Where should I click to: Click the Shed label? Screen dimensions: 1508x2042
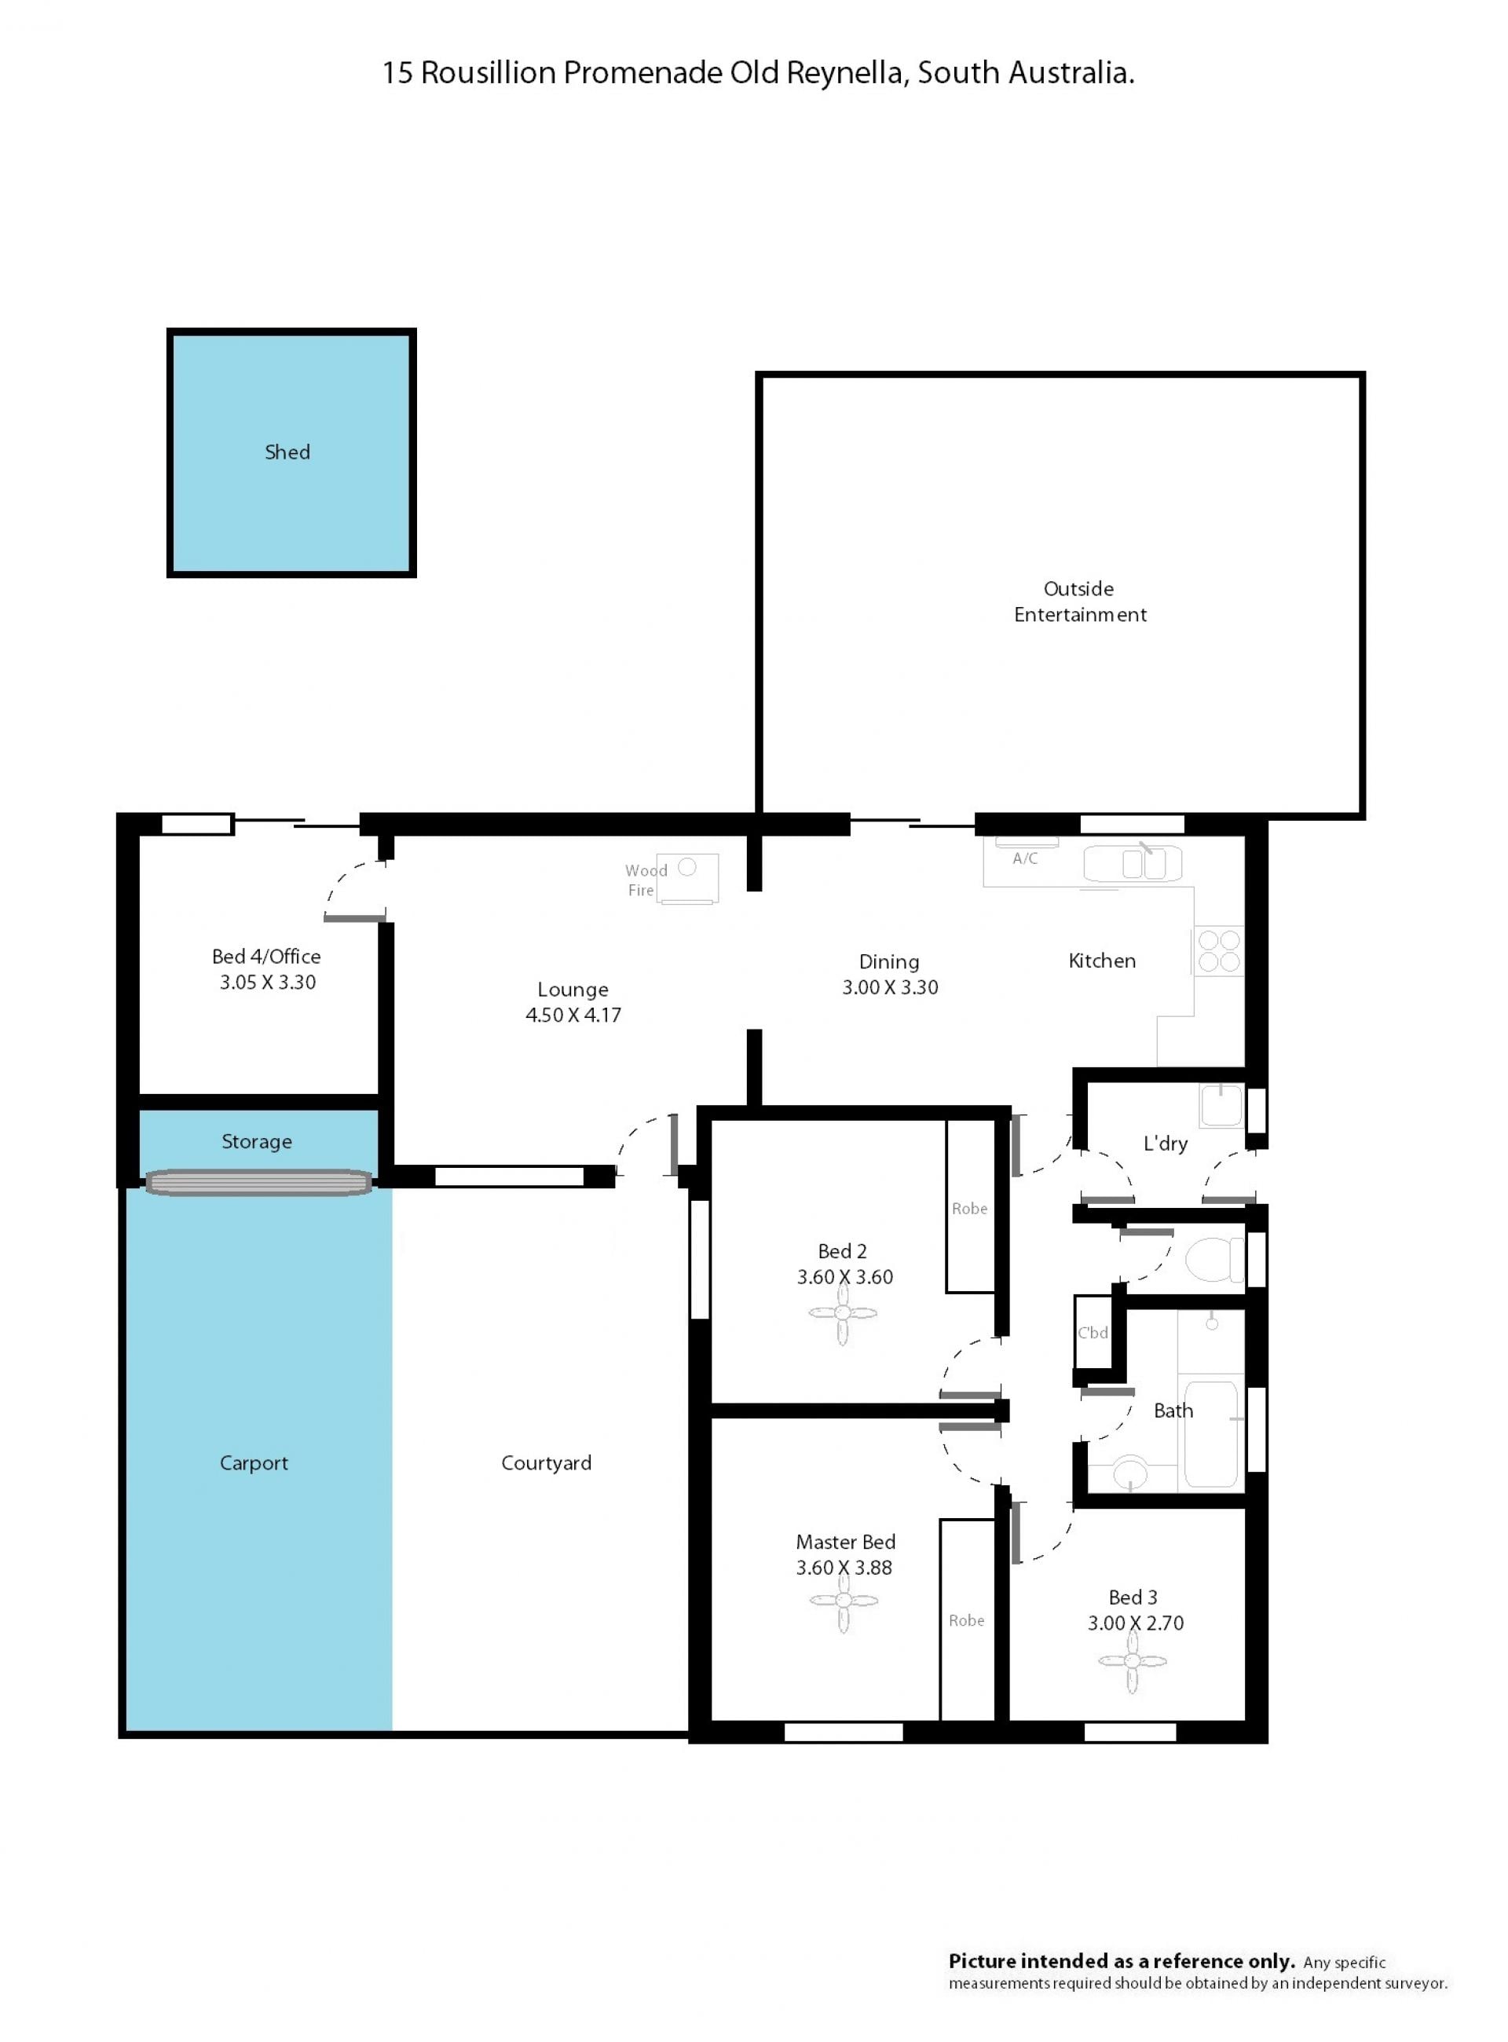(287, 452)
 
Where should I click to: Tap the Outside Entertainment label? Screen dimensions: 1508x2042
(1080, 602)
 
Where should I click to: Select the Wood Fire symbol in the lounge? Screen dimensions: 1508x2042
(689, 878)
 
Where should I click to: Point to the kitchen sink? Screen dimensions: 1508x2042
(1133, 862)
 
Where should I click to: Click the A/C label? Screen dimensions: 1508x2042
(1025, 858)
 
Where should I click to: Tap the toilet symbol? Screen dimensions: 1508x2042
(1215, 1260)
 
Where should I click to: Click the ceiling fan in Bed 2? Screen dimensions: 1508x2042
(843, 1315)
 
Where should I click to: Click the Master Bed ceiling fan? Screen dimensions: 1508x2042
(844, 1601)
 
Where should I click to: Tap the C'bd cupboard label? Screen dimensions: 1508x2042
(1093, 1333)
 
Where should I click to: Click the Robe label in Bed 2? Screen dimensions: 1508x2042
(969, 1209)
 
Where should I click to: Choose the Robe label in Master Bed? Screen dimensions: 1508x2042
(967, 1620)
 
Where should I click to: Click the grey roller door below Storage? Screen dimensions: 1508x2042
(259, 1183)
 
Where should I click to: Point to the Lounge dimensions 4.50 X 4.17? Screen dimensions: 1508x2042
(573, 1015)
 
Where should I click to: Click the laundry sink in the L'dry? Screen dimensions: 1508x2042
(1221, 1106)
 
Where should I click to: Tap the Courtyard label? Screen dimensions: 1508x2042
(546, 1463)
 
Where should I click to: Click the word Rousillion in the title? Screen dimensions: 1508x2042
(488, 72)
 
